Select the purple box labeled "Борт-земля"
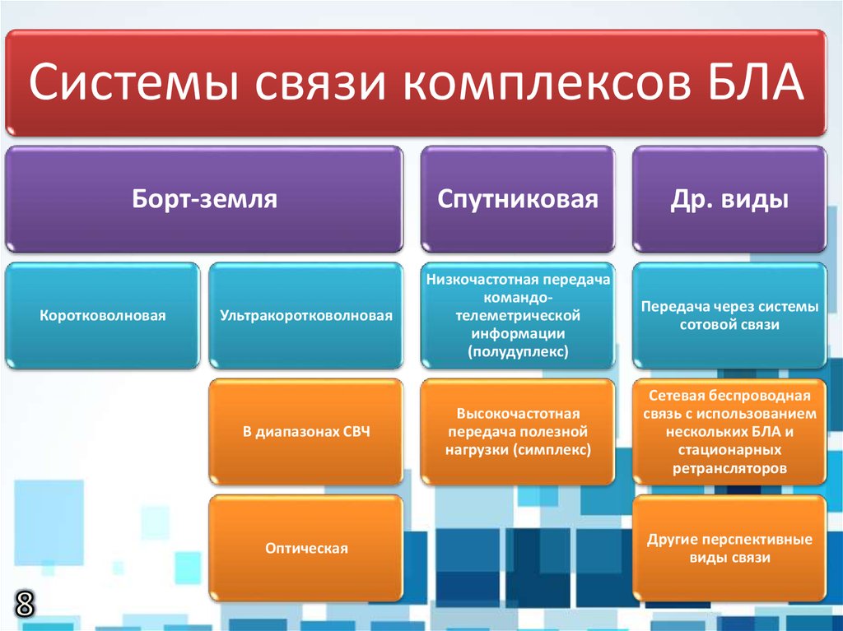[x=204, y=199]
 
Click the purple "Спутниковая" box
[x=517, y=199]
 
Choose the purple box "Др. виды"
[x=729, y=199]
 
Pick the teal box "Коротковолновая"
[x=102, y=315]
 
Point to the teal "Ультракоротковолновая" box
[x=305, y=315]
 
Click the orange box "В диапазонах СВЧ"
[x=305, y=431]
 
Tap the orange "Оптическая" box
[x=305, y=548]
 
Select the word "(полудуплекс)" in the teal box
[x=517, y=352]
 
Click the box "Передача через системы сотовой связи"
[x=729, y=315]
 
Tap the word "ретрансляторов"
[x=729, y=468]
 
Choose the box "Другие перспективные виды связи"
[x=729, y=548]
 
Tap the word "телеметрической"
[x=517, y=317]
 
